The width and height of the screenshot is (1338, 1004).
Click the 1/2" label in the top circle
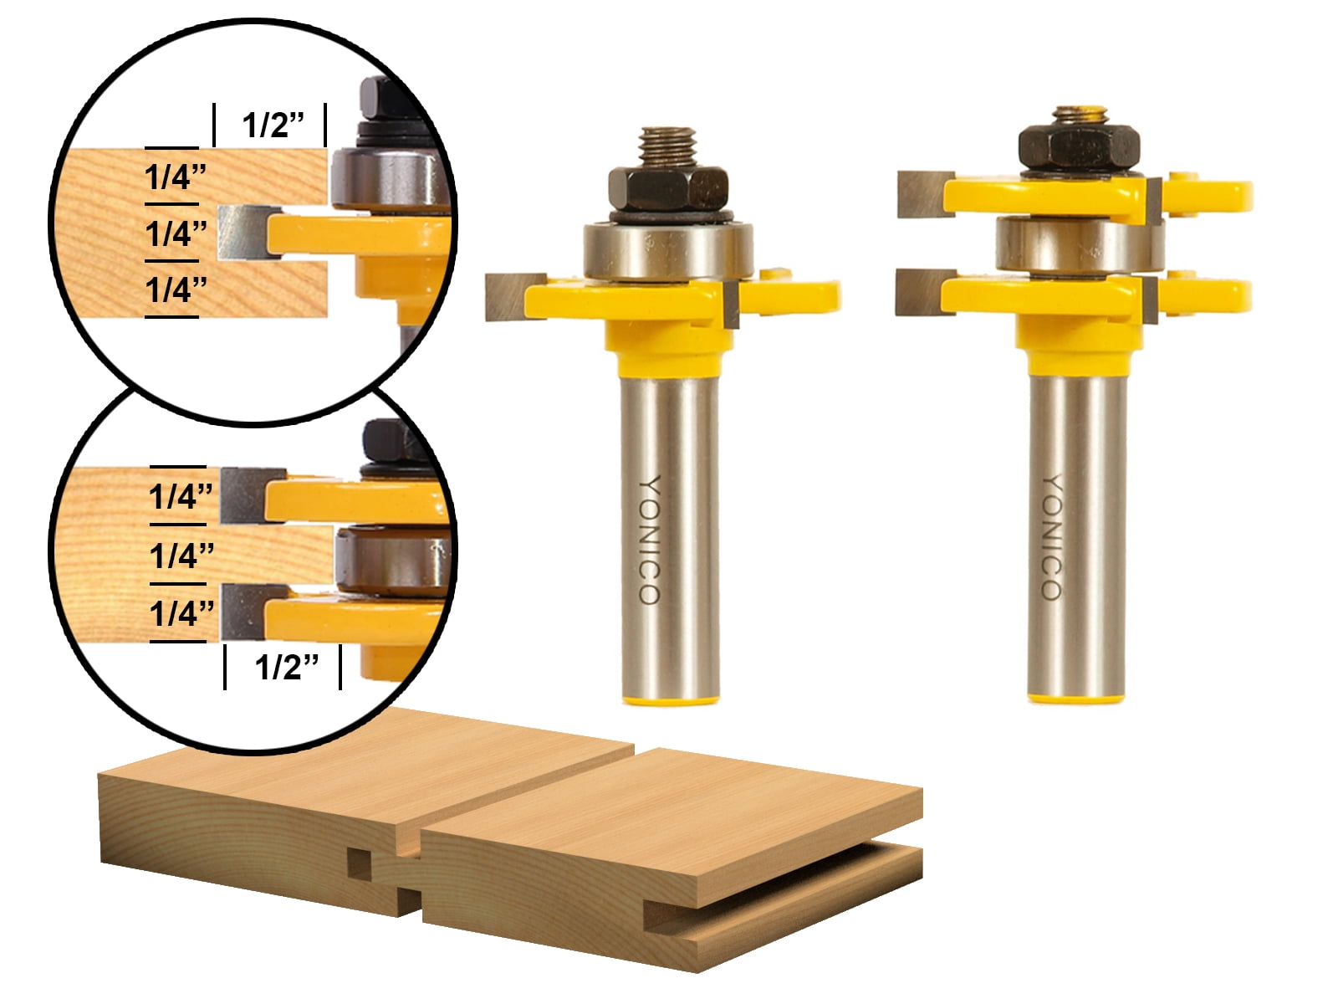tap(272, 125)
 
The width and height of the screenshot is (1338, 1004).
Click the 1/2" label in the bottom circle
tap(286, 667)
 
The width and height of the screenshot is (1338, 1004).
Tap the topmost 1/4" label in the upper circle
tap(175, 177)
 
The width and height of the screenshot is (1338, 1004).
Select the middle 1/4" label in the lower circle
tap(181, 555)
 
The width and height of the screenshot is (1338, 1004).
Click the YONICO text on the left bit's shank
tap(650, 540)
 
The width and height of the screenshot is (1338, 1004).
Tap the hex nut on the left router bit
tap(666, 188)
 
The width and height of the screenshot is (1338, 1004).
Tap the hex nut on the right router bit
tap(1078, 146)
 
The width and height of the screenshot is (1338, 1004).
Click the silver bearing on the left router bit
tap(667, 250)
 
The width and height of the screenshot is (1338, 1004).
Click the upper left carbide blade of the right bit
tap(922, 194)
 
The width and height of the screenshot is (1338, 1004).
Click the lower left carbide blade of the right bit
tap(920, 292)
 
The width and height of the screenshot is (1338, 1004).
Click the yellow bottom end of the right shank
tap(1075, 696)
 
